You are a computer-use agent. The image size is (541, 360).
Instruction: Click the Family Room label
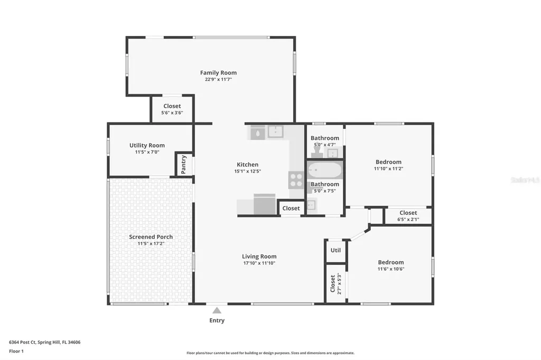pos(218,73)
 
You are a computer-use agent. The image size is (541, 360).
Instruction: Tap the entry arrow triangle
pos(217,310)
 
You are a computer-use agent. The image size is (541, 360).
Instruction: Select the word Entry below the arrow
pos(217,320)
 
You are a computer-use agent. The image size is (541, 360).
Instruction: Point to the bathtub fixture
pos(325,170)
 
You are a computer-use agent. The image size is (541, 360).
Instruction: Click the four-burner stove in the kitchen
pos(296,180)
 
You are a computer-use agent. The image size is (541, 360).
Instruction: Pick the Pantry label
pos(183,165)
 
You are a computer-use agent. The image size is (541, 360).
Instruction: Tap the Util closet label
pos(335,250)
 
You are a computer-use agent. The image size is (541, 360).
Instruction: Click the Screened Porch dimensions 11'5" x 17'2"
pos(151,243)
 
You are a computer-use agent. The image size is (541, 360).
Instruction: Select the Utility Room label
pos(147,146)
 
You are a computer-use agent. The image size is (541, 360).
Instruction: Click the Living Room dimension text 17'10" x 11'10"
pos(259,263)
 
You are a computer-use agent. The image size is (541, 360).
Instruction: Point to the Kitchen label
pos(248,165)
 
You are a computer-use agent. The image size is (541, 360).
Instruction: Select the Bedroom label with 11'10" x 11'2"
pos(388,162)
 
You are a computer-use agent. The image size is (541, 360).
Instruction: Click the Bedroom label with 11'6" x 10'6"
pos(390,262)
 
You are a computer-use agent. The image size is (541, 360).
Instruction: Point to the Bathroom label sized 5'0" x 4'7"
pos(325,138)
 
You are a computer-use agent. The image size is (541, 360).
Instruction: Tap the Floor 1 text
pos(16,352)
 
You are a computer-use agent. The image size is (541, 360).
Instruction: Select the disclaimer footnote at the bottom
pos(270,353)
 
